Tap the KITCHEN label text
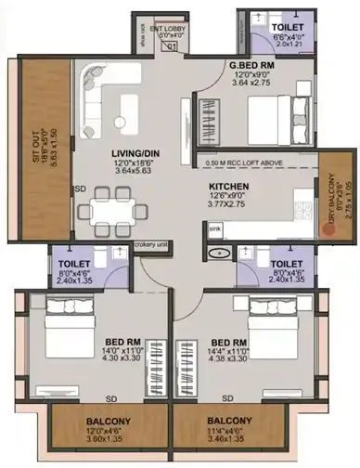point(228,186)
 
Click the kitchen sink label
point(213,227)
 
